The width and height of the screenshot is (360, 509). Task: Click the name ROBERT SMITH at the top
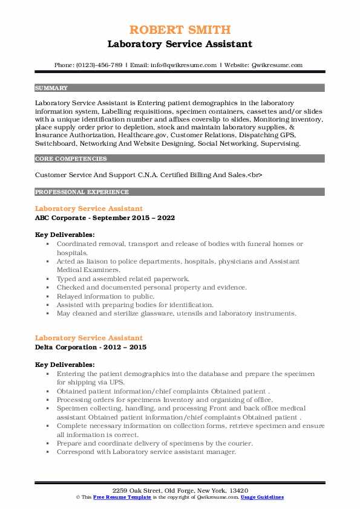coord(180,29)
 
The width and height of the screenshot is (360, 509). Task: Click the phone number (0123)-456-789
coord(98,65)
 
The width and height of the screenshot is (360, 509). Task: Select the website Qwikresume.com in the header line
coord(277,65)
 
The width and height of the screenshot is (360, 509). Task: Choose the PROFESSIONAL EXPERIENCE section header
coord(82,192)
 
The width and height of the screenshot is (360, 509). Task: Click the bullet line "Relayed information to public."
coord(105,296)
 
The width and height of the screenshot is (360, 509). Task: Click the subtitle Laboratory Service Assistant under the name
coord(180,44)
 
